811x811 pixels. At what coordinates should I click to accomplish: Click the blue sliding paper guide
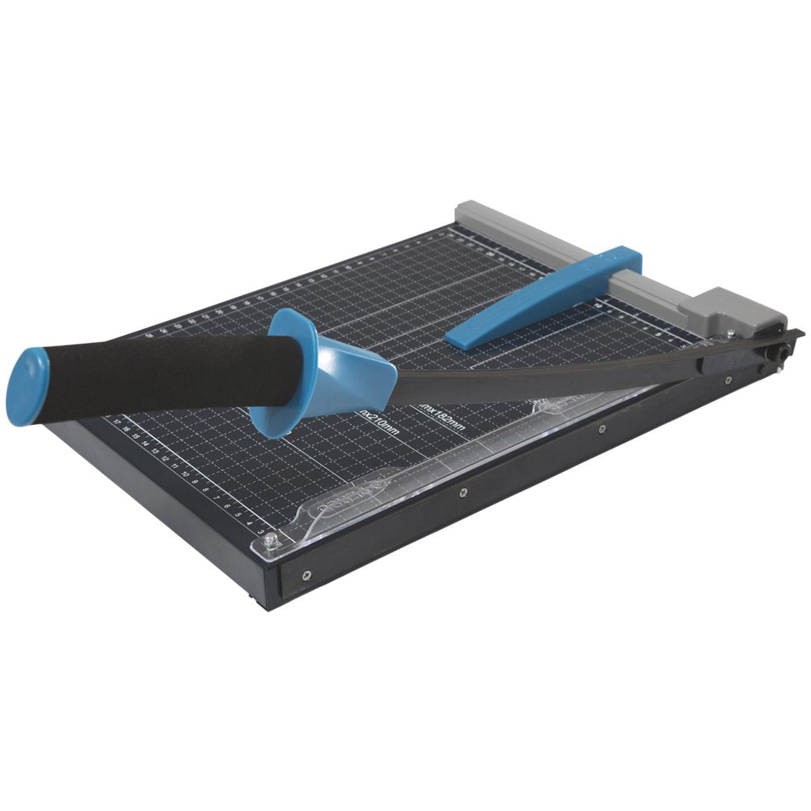tap(543, 297)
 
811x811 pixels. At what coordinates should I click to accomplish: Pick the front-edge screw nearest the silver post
tap(307, 575)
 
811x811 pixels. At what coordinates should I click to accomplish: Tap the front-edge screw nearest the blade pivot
tap(727, 380)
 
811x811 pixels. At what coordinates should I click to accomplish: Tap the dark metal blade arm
tap(551, 381)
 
